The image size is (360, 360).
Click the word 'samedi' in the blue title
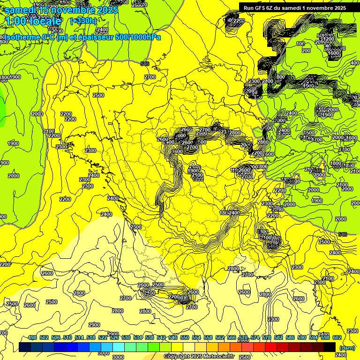click(22, 10)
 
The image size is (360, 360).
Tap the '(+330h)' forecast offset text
click(83, 21)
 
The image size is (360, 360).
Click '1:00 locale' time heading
click(33, 21)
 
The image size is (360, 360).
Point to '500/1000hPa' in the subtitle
click(138, 37)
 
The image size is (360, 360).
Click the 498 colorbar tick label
click(32, 337)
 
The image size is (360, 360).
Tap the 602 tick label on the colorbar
click(337, 337)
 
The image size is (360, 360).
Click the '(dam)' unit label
click(347, 347)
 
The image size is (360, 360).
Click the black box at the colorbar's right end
click(330, 347)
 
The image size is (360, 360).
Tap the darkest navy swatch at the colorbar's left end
click(25, 347)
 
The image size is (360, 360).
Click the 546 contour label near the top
click(145, 64)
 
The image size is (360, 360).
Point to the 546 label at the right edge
click(343, 234)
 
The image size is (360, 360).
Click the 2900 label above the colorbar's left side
click(94, 325)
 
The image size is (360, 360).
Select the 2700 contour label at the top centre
click(150, 77)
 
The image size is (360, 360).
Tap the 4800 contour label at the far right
click(336, 163)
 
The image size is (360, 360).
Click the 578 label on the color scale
click(267, 337)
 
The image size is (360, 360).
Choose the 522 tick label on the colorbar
click(103, 337)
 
